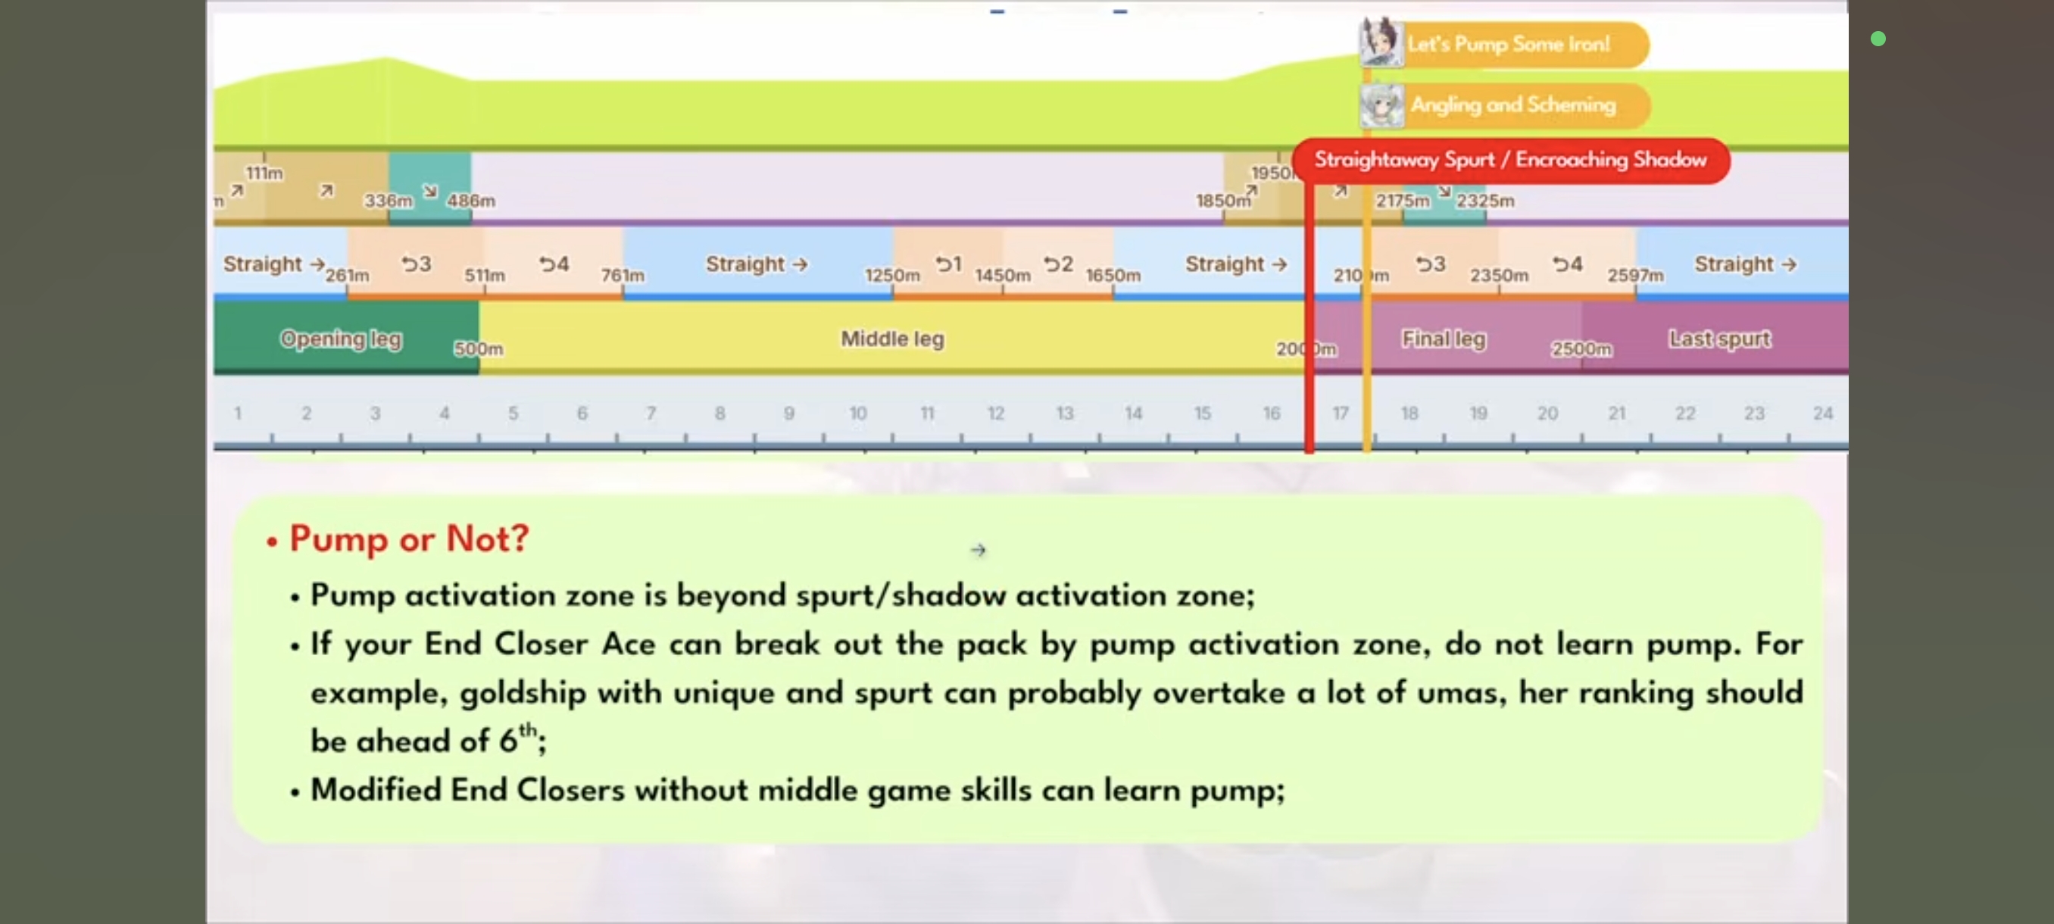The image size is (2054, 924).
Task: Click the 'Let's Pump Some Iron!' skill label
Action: point(1508,44)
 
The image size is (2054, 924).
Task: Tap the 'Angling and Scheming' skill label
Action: point(1512,105)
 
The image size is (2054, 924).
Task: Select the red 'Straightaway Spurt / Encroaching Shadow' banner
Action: point(1510,161)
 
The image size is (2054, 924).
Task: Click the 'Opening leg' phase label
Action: point(341,339)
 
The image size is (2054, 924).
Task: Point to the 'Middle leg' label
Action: point(892,339)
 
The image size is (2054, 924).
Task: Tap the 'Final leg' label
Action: point(1444,339)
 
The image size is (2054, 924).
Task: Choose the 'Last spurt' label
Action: point(1719,339)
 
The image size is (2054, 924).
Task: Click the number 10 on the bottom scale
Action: point(857,413)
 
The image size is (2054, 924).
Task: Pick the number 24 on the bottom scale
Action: point(1822,413)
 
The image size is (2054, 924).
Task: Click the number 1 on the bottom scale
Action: point(238,413)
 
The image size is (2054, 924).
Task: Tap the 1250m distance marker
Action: point(892,276)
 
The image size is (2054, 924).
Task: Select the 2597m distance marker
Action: point(1635,276)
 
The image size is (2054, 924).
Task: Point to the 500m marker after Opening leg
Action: point(479,349)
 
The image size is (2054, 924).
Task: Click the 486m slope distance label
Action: point(471,201)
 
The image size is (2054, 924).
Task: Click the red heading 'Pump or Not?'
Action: point(409,539)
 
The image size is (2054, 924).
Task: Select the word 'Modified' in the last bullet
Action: point(375,790)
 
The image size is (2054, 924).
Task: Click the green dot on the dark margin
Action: point(1878,39)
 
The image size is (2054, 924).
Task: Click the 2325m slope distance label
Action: point(1485,201)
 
